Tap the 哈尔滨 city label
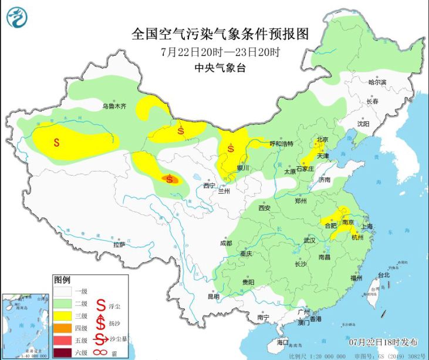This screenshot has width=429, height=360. (377, 82)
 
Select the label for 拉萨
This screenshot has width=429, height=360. (119, 244)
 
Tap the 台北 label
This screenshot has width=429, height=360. (383, 275)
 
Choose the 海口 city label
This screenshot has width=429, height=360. (283, 342)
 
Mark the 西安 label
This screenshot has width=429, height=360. (264, 208)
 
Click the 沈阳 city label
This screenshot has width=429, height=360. (363, 125)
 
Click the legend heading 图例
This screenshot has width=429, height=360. (62, 279)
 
